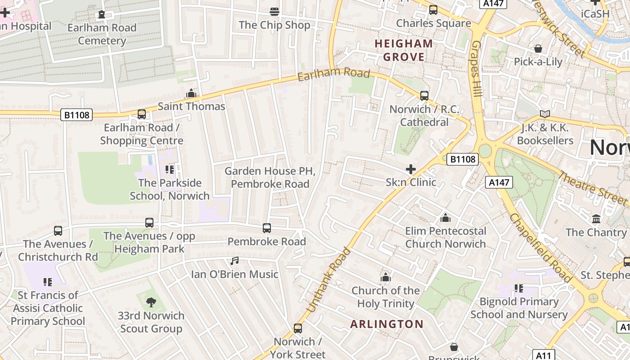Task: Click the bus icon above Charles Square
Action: coord(433,9)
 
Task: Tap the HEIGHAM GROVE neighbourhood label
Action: coord(404,50)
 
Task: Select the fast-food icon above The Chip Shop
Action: coord(274,11)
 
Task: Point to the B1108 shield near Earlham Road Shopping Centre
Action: coord(76,115)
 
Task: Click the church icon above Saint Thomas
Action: coord(191,93)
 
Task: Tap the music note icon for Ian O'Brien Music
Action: coord(234,261)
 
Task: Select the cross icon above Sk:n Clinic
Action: coord(411,169)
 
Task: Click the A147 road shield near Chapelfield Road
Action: coord(499,182)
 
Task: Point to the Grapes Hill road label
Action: coord(477,68)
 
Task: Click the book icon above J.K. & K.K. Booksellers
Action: coord(545,114)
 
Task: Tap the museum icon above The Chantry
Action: coord(596,219)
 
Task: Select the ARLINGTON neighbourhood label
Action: coord(387,324)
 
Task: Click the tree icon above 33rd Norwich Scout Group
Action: coord(151,302)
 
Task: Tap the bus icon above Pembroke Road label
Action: coord(267,228)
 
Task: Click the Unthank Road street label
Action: coord(328,280)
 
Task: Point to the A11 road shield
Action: coord(544,355)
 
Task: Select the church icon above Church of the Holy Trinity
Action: coord(386,277)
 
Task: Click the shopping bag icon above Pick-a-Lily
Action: coord(538,48)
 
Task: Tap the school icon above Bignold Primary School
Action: coord(519,288)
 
